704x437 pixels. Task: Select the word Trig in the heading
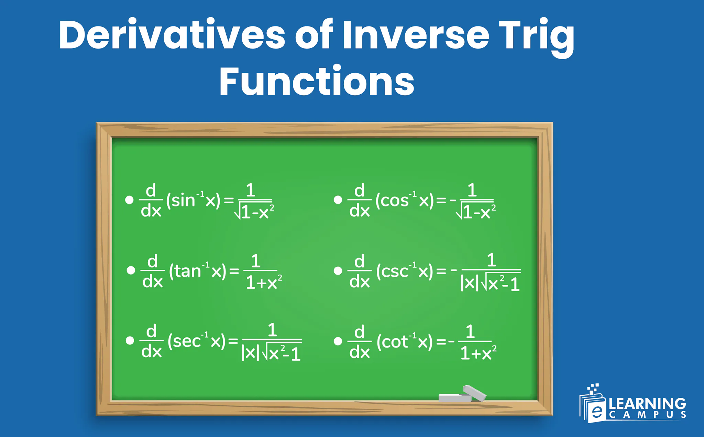click(x=537, y=36)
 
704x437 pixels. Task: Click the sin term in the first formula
click(x=181, y=200)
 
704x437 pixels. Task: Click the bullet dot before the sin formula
click(x=129, y=200)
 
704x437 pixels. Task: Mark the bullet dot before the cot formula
click(x=338, y=341)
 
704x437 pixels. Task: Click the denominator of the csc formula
click(x=490, y=284)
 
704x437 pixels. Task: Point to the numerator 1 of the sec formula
click(x=272, y=330)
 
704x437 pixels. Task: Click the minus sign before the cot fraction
click(x=451, y=342)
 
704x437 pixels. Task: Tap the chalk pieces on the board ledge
click(x=462, y=395)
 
